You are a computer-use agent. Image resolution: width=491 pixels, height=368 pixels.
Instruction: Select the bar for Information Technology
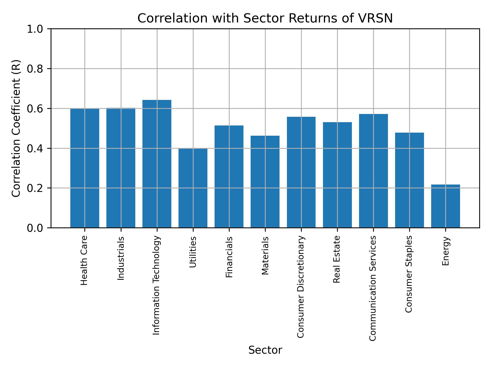(157, 164)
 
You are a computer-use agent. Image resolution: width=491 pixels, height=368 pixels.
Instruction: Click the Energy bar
(445, 206)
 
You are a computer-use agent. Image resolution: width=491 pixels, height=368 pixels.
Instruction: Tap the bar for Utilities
(193, 188)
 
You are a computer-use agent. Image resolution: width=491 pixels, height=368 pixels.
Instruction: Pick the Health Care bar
(85, 168)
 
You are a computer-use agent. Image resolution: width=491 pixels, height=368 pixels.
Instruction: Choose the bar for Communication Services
(373, 171)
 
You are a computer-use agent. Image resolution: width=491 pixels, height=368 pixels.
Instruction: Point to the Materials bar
(265, 181)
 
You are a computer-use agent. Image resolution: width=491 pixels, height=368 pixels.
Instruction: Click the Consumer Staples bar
(409, 180)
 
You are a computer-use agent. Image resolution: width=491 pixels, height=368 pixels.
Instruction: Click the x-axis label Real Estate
(337, 259)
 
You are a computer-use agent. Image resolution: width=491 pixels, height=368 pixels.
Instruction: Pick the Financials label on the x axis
(229, 257)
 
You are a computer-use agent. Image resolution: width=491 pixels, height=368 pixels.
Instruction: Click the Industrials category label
(121, 258)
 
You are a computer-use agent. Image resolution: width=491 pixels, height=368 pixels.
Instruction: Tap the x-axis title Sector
(265, 350)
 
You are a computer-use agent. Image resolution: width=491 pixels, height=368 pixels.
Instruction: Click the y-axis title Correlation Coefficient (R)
(16, 128)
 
